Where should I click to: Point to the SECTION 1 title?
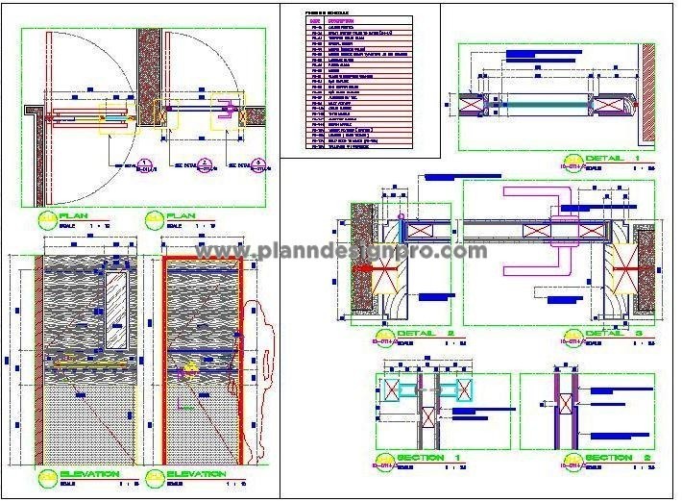tap(425, 457)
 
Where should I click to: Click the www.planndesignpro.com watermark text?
tap(341, 252)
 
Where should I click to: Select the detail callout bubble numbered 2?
tap(203, 165)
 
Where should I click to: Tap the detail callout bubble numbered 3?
tap(257, 165)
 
